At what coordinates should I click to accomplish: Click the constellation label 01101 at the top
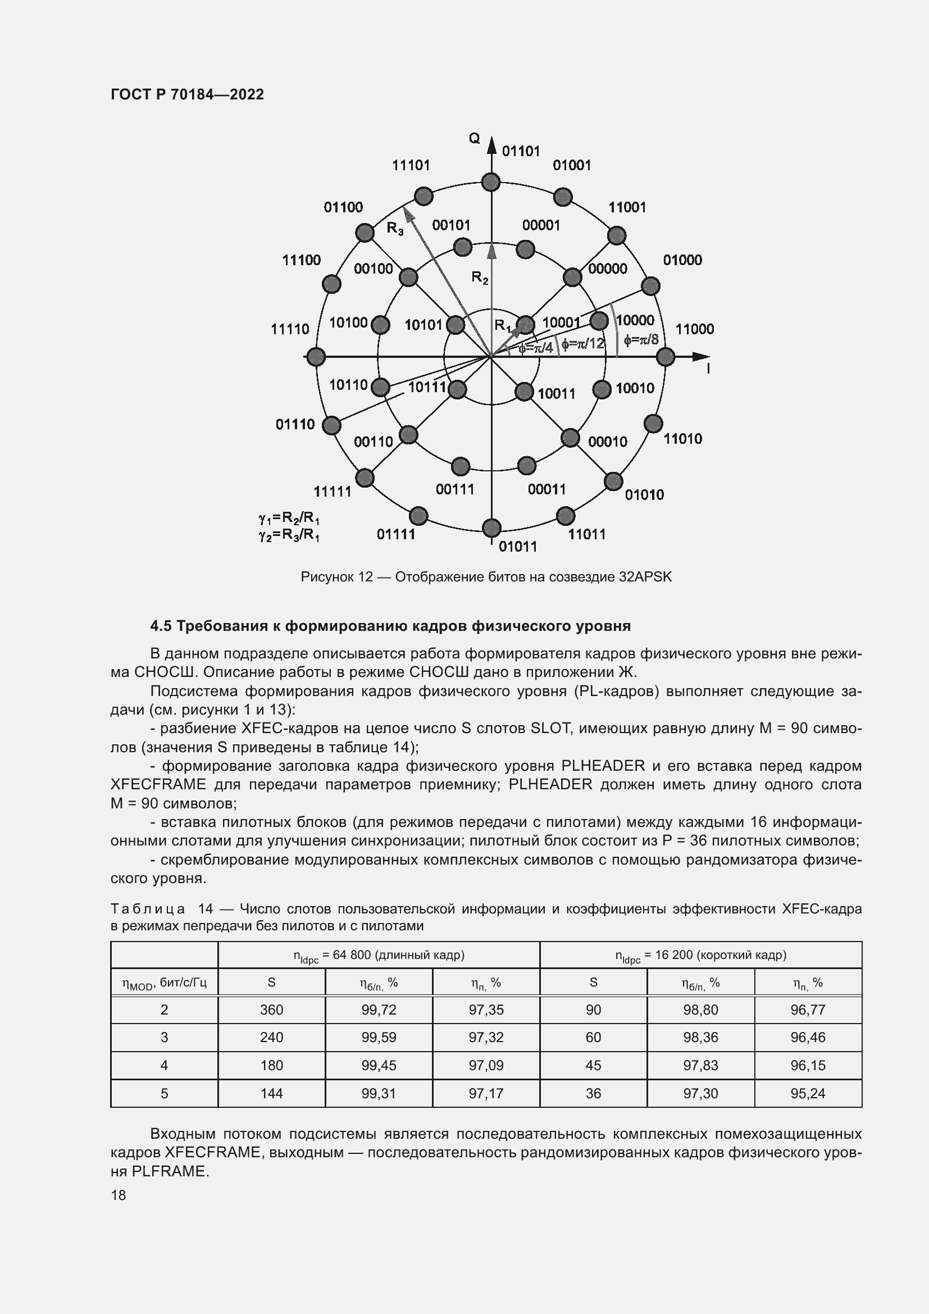(521, 151)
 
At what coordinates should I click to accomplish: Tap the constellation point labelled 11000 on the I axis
(664, 357)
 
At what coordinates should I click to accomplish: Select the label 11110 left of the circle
(289, 329)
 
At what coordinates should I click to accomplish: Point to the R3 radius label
(395, 228)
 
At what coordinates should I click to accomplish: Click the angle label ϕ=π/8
(641, 340)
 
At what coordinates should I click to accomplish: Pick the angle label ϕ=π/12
(582, 343)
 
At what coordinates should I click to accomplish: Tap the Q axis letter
(474, 139)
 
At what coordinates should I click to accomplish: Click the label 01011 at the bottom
(518, 547)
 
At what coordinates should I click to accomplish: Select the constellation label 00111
(455, 489)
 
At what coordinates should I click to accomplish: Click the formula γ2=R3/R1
(289, 536)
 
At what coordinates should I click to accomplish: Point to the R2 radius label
(479, 278)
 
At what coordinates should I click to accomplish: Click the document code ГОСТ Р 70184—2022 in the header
(187, 94)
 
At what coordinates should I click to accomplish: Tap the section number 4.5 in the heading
(160, 626)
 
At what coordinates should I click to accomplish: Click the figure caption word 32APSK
(645, 577)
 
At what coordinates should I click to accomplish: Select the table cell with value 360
(271, 1010)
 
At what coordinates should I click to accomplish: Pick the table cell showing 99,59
(378, 1038)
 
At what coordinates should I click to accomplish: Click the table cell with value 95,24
(807, 1094)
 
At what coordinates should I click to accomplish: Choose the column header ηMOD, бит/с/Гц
(164, 983)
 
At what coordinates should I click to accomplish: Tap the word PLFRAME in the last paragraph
(170, 1171)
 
